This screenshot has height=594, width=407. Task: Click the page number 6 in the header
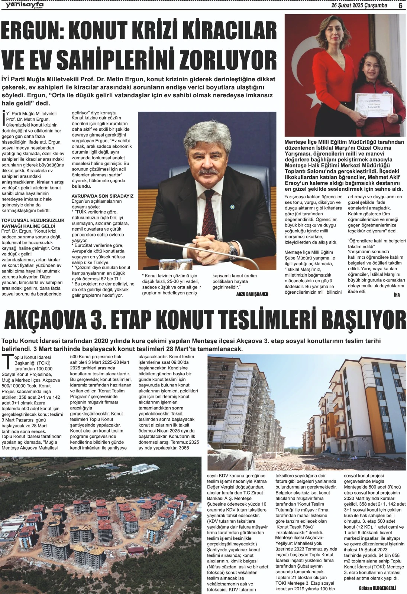pos(400,6)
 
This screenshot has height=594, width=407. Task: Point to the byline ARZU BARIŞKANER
pos(252,294)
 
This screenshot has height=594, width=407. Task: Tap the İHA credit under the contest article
pos(397,295)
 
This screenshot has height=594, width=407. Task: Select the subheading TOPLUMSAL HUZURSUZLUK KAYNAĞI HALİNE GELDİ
pos(33,223)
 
